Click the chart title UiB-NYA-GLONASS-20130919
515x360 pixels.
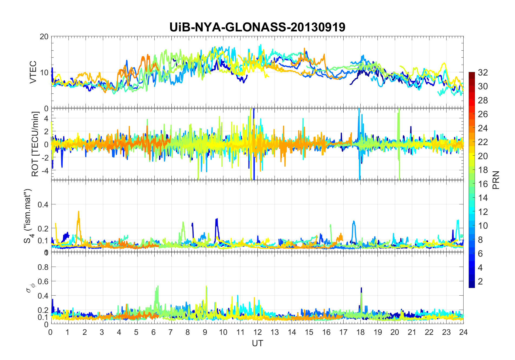click(x=257, y=27)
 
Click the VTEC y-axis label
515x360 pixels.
click(x=33, y=72)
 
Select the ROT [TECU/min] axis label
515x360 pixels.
click(x=35, y=144)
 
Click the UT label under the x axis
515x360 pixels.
click(x=257, y=343)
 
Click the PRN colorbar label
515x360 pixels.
click(x=496, y=180)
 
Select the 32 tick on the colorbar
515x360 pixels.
click(x=483, y=72)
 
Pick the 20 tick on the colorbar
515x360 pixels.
click(x=483, y=156)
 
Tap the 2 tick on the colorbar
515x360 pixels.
click(x=480, y=282)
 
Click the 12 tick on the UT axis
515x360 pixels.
click(x=257, y=332)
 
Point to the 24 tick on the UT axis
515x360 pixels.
click(x=463, y=332)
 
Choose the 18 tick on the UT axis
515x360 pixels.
click(x=360, y=332)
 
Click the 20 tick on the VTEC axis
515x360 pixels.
click(x=44, y=37)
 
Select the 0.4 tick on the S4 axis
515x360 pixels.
click(x=43, y=204)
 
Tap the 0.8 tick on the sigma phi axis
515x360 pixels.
click(x=43, y=267)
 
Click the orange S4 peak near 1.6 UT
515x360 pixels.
click(x=79, y=212)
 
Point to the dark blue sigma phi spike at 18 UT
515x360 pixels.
click(x=361, y=289)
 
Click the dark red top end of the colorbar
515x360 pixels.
click(x=471, y=74)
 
